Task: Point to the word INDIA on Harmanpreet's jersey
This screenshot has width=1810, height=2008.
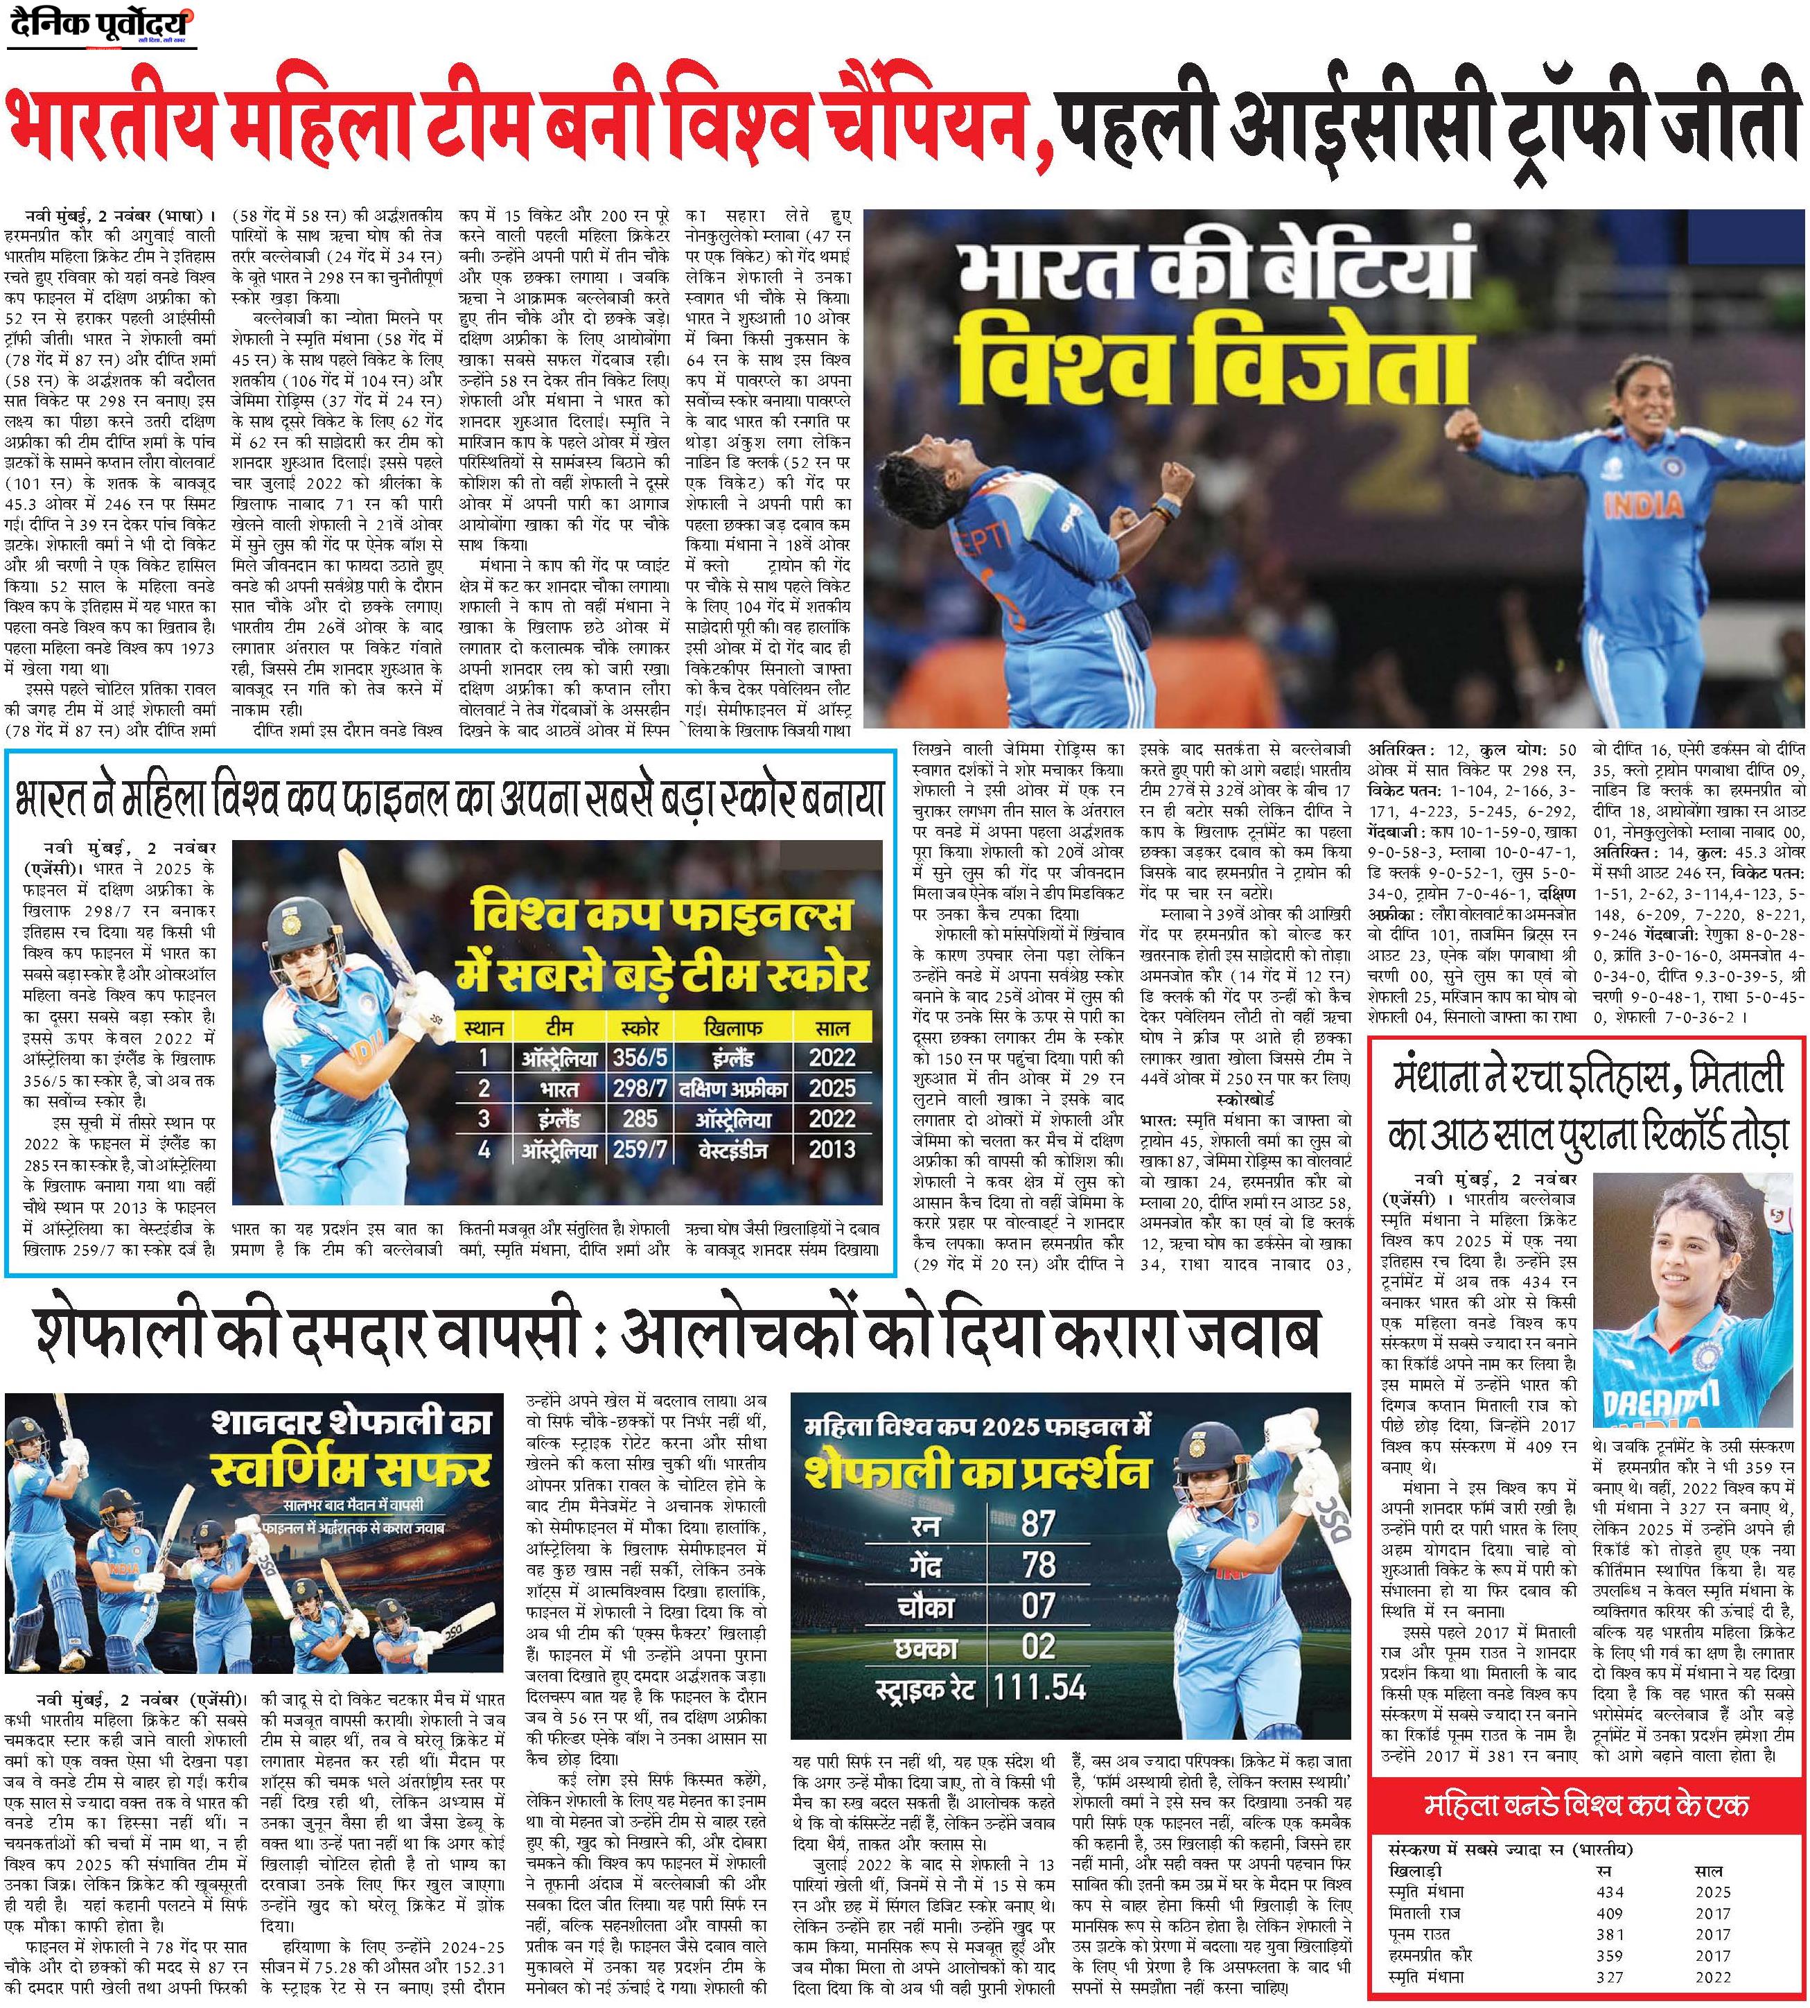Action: [x=1643, y=505]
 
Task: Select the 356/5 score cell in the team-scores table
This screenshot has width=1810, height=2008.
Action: [x=638, y=1057]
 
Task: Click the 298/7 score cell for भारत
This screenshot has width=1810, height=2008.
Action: [x=638, y=1088]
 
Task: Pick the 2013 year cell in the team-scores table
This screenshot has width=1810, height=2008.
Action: [x=832, y=1149]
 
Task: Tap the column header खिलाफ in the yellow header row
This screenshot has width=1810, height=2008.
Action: [x=733, y=1027]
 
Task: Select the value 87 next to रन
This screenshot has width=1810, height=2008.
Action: [x=1038, y=1524]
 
